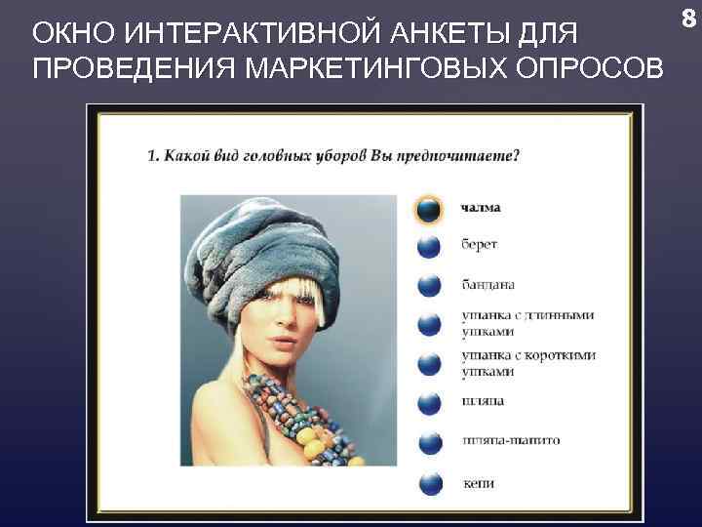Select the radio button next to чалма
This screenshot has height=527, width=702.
(429, 208)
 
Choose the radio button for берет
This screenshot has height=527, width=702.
(429, 246)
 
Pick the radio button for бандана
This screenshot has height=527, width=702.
(429, 285)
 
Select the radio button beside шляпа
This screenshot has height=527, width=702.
(429, 402)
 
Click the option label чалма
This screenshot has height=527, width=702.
(482, 207)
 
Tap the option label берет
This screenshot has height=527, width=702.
(479, 246)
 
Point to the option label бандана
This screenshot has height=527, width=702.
(488, 285)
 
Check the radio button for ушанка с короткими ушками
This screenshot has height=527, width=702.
(429, 363)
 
